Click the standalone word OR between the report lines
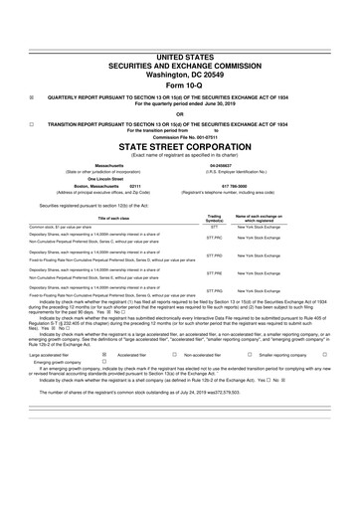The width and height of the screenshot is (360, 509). tap(179, 112)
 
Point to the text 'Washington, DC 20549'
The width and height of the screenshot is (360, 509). tap(179, 45)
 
